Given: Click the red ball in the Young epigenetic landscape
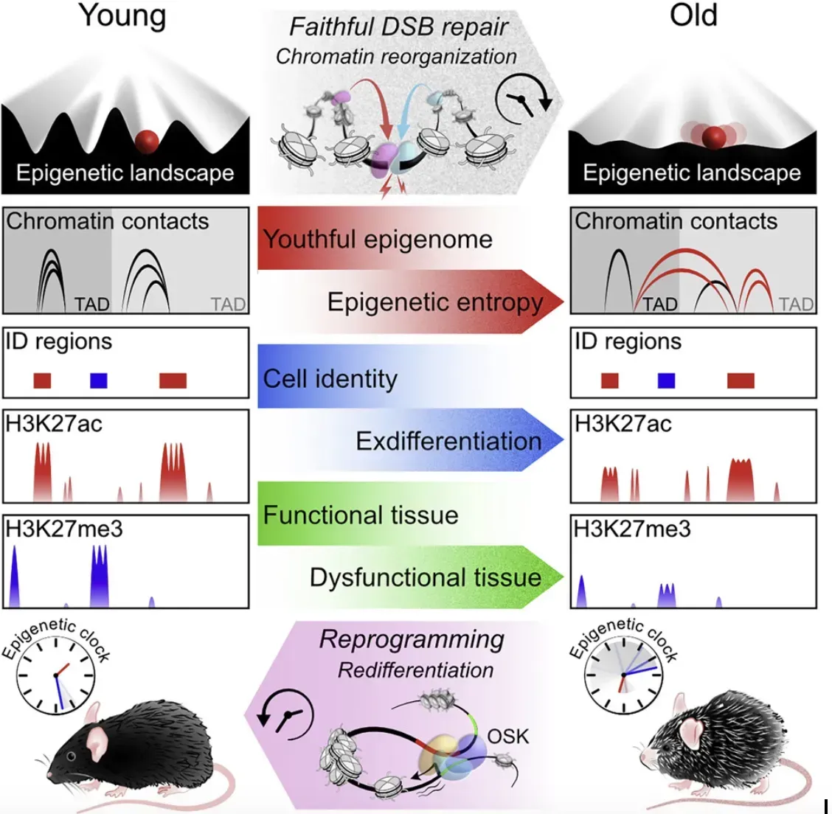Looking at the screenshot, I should (x=147, y=140).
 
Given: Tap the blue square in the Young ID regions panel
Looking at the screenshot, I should (x=99, y=380).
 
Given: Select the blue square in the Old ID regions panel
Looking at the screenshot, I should (x=667, y=380).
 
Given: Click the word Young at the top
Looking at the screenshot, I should (x=122, y=16).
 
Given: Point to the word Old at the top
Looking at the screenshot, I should (x=693, y=16).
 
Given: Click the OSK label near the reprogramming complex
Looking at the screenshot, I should (x=508, y=736).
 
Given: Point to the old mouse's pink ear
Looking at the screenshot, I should (x=691, y=731).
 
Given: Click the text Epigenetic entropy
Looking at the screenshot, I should (x=435, y=302).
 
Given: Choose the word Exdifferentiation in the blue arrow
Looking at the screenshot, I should (x=448, y=441).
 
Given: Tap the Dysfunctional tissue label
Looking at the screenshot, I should (x=426, y=577).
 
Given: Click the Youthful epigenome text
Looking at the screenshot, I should (x=378, y=240).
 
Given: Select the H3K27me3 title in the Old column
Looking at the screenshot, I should (x=632, y=529).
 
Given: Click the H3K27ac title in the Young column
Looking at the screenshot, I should (x=54, y=424).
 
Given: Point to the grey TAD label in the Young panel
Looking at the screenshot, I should (x=228, y=305).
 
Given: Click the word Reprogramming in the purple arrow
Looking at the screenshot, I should (x=412, y=639).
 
